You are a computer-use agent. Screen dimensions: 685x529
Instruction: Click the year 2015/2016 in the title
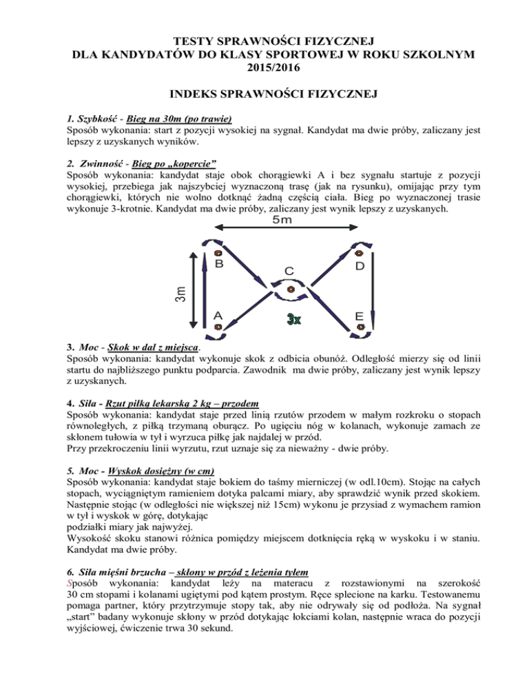point(264,68)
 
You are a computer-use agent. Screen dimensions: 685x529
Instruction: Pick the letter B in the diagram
point(219,264)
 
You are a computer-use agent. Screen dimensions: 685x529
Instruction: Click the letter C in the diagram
point(290,272)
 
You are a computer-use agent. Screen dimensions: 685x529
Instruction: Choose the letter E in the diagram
point(360,316)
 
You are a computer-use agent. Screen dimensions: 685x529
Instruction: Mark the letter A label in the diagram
point(218,315)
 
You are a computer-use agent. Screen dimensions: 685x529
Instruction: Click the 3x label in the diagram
point(293,320)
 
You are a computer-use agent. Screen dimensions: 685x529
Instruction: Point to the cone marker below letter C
point(291,290)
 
